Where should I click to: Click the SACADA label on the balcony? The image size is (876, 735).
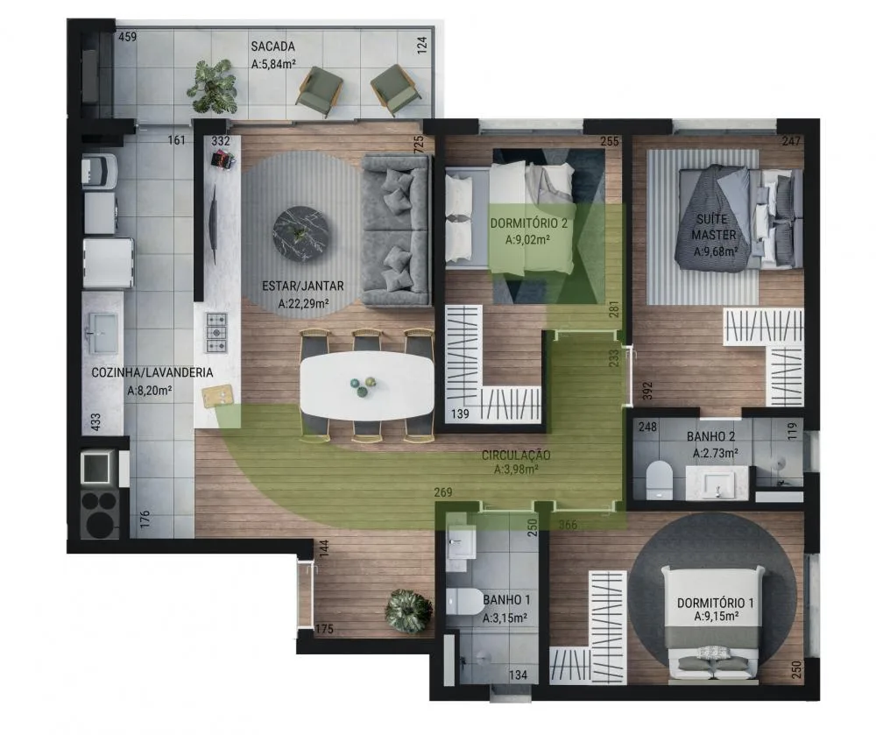click(272, 46)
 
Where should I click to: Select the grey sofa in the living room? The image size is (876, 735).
click(396, 230)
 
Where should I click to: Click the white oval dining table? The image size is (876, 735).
click(367, 385)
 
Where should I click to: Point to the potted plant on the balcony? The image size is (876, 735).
click(212, 86)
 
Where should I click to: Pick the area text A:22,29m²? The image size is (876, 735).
click(303, 304)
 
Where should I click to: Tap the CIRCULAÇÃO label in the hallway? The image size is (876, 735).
click(515, 456)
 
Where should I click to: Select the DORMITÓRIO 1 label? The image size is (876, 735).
click(715, 603)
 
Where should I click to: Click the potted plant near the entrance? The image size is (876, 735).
click(408, 611)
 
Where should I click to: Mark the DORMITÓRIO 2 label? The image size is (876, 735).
click(529, 223)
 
